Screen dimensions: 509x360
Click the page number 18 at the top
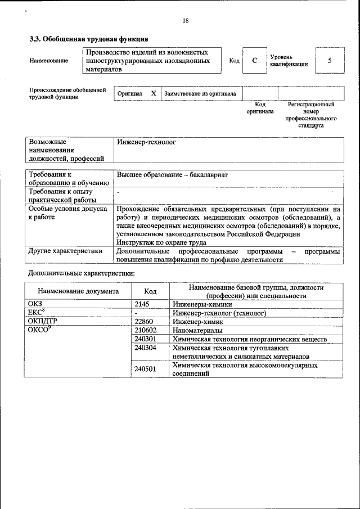point(185,21)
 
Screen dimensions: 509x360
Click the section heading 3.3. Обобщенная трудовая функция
point(88,39)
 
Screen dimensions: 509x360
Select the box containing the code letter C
point(254,60)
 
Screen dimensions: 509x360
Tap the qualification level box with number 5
point(329,60)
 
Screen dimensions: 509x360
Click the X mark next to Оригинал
point(153,93)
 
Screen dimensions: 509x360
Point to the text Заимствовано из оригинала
point(200,93)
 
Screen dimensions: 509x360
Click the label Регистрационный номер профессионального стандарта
point(310,115)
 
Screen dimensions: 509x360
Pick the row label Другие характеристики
point(65,251)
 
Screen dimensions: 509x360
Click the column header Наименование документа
point(78,291)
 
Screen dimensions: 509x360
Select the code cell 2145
point(142,304)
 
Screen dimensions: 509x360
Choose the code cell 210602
point(146,331)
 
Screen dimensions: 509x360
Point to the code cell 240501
point(146,370)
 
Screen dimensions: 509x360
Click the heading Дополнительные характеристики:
point(82,273)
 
